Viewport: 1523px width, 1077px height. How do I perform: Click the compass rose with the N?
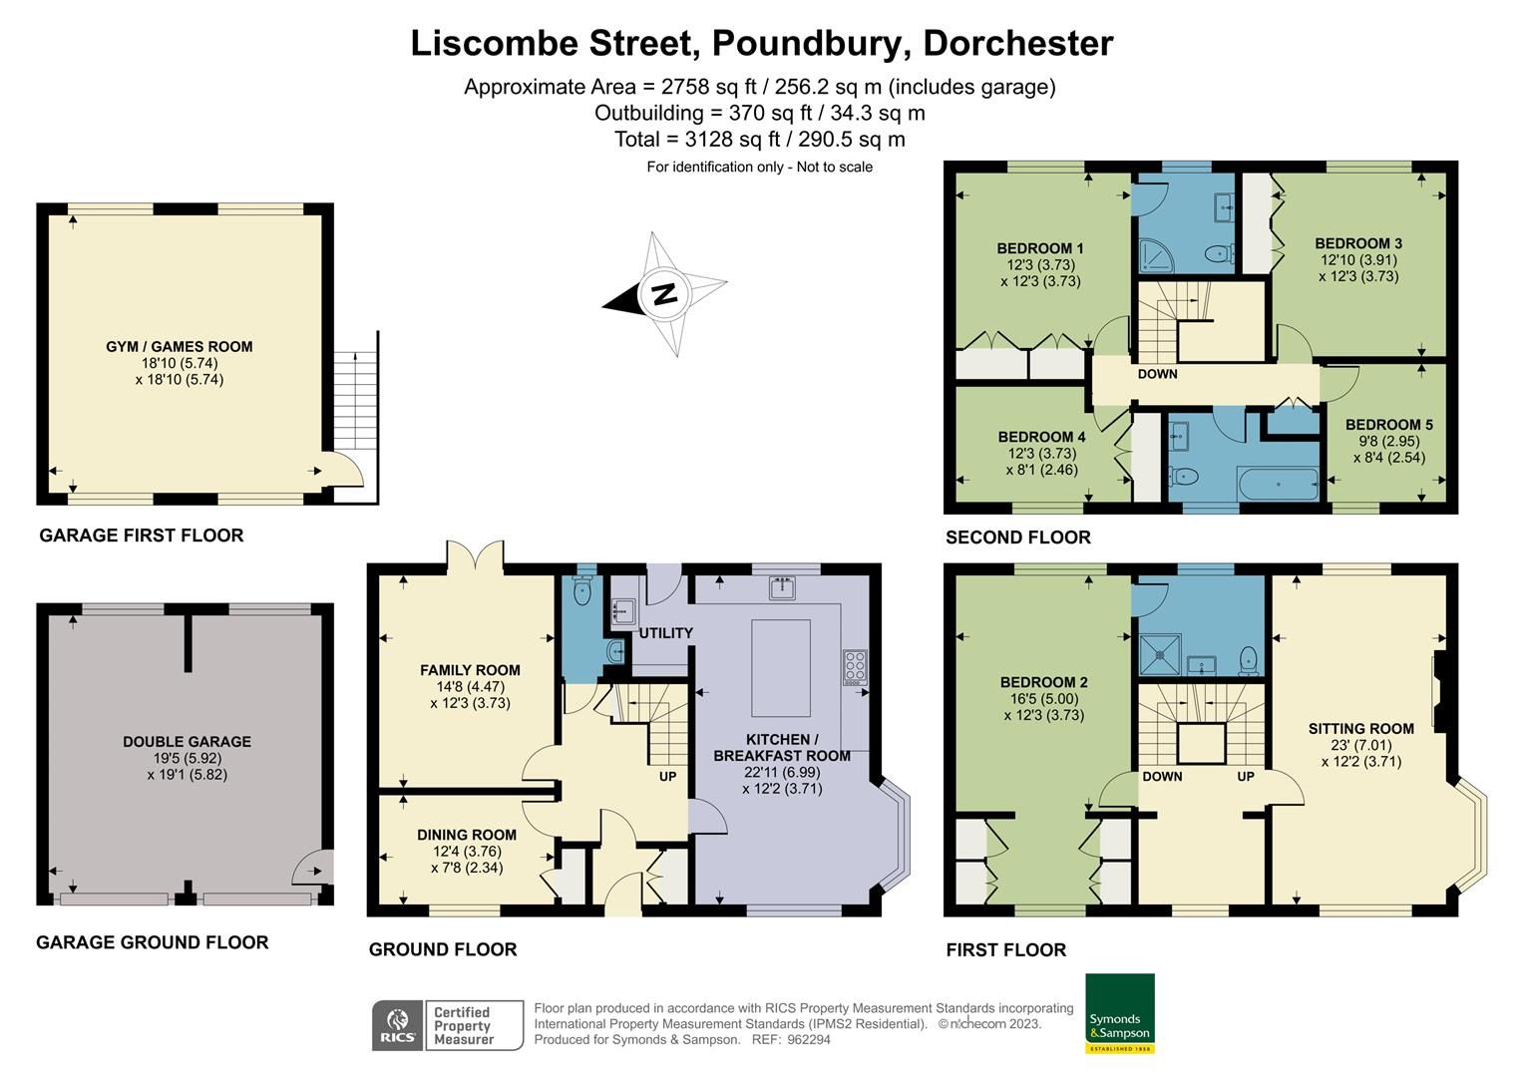click(x=664, y=294)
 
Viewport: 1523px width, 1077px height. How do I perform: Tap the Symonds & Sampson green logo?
click(x=1119, y=1012)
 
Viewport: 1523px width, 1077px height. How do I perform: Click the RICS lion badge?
click(x=398, y=1025)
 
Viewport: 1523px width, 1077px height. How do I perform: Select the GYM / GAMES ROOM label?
click(x=180, y=347)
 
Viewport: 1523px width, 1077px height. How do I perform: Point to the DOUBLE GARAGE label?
click(x=187, y=742)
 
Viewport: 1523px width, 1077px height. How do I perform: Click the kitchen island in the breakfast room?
click(x=781, y=667)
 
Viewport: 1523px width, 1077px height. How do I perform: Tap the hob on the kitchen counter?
click(x=855, y=666)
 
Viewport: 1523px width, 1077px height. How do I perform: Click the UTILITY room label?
click(x=665, y=633)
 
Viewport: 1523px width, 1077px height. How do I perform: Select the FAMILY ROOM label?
click(x=470, y=670)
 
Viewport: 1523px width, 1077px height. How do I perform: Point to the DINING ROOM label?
click(x=467, y=836)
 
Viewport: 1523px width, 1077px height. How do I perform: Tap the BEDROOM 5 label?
click(x=1388, y=425)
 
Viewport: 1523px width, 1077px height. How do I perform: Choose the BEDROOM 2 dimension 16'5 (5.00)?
click(x=1043, y=699)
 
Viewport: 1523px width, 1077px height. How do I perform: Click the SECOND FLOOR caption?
click(x=1017, y=538)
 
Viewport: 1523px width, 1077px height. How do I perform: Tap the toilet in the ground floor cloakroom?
click(x=584, y=592)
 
